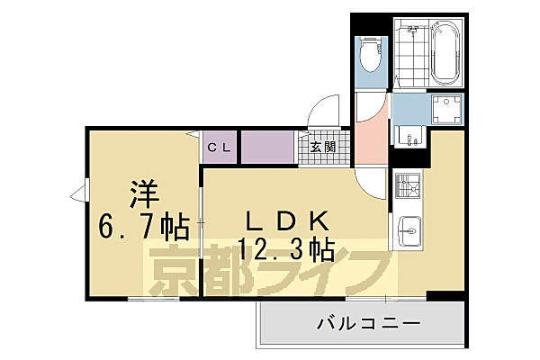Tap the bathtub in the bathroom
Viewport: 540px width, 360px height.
point(445,53)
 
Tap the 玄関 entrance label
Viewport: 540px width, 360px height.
point(323,147)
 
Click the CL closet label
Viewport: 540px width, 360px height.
point(220,148)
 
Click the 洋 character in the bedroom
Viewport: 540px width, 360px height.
point(141,191)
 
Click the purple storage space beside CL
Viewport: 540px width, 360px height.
point(267,147)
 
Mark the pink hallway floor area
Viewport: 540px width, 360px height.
point(369,135)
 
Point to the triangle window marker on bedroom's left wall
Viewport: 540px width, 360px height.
point(78,193)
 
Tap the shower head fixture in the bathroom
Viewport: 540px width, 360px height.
point(413,31)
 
